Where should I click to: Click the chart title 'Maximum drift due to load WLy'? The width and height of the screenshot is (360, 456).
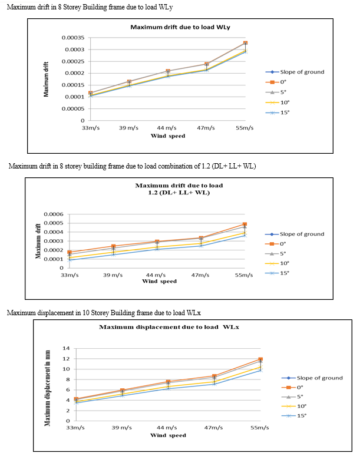click(x=180, y=27)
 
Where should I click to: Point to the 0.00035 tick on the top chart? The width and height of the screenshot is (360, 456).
click(x=73, y=38)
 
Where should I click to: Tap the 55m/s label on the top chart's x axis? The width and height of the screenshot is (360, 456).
click(x=245, y=128)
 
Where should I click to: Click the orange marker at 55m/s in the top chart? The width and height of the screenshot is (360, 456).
click(x=246, y=43)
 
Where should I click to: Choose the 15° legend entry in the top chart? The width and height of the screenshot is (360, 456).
click(x=278, y=113)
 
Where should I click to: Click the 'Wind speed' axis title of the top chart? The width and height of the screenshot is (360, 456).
click(x=168, y=136)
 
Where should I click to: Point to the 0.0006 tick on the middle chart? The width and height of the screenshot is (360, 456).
click(x=54, y=214)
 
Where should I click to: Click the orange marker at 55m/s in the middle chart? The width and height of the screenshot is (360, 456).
click(x=245, y=224)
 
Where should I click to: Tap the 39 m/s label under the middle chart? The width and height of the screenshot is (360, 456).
click(x=113, y=275)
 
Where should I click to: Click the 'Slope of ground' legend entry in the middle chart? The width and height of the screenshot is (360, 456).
click(x=295, y=234)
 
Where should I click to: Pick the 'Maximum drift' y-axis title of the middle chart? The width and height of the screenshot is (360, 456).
click(x=38, y=241)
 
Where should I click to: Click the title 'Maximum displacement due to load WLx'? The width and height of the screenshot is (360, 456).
click(x=169, y=327)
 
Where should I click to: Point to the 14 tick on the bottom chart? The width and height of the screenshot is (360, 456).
click(x=67, y=348)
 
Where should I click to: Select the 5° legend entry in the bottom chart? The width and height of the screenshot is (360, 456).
click(x=292, y=396)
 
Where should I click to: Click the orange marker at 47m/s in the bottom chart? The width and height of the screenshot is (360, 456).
click(x=214, y=376)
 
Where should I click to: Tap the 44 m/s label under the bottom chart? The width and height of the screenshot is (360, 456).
click(x=167, y=428)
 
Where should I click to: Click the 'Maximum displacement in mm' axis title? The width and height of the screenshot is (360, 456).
click(x=47, y=388)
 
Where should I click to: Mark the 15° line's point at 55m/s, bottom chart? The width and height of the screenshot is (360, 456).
click(x=260, y=370)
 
